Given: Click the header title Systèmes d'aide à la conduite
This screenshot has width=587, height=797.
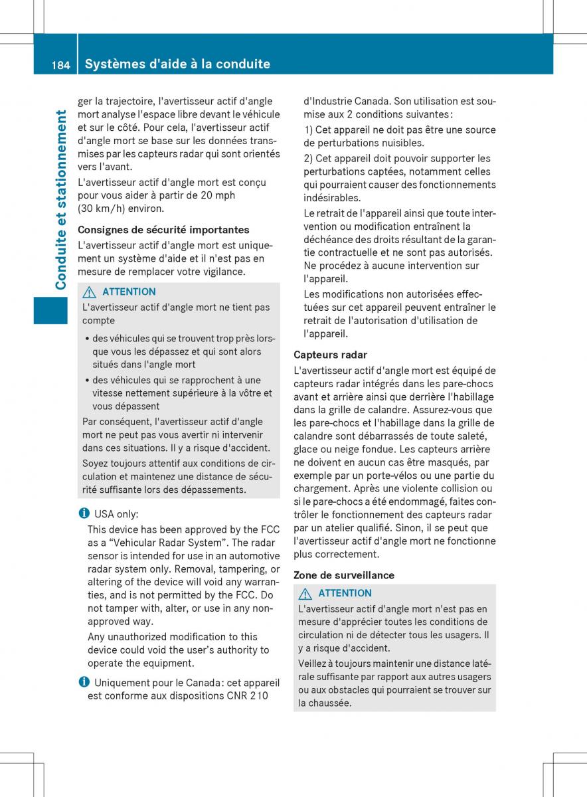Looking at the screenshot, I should (178, 64).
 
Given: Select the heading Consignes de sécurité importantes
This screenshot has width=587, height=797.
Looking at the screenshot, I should (163, 230).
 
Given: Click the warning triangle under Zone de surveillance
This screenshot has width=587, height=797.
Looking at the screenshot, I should (305, 593).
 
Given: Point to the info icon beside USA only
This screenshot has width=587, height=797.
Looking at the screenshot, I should (82, 514).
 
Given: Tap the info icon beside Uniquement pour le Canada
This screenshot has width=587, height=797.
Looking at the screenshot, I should (82, 682).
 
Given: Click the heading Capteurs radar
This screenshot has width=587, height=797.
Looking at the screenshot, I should (330, 355).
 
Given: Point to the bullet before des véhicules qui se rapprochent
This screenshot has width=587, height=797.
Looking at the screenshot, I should (87, 381).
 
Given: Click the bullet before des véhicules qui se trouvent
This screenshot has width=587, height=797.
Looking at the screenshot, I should (87, 339).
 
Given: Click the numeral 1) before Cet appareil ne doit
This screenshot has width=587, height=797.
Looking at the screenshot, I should (308, 130).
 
